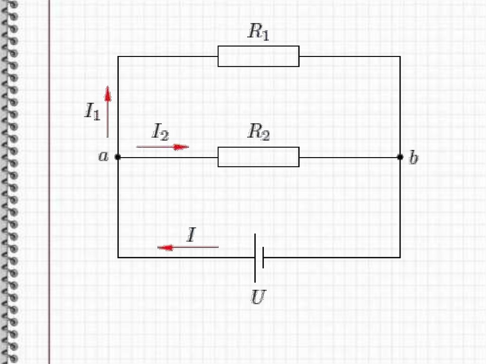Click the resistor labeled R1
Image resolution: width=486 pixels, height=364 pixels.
pos(258,56)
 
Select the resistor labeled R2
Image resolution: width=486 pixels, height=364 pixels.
pos(258,157)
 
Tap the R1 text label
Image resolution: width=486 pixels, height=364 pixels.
pos(258,32)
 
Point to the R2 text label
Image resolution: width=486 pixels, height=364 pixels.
pos(258,133)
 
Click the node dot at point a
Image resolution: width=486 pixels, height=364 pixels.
pos(118,157)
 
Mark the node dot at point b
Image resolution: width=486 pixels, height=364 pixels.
pos(400,157)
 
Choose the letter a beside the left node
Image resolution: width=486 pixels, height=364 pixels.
pos(103,156)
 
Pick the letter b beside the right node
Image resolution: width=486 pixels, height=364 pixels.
pos(414,158)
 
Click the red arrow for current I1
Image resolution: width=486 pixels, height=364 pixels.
pos(108,111)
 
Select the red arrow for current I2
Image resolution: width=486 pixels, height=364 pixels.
pos(163,147)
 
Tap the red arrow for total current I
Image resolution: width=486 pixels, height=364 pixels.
pos(188,247)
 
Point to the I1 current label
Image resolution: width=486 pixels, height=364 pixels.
pos(92,112)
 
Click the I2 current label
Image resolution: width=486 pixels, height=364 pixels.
pos(160,131)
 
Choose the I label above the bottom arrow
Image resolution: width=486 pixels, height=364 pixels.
pos(191,234)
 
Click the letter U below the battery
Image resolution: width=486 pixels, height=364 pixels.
pos(258,298)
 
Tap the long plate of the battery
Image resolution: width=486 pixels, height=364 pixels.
pos(255,258)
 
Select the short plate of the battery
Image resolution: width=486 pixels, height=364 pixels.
pos(263,257)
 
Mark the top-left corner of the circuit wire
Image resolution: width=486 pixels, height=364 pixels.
pos(118,56)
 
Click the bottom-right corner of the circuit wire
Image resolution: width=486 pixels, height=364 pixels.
pos(400,257)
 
